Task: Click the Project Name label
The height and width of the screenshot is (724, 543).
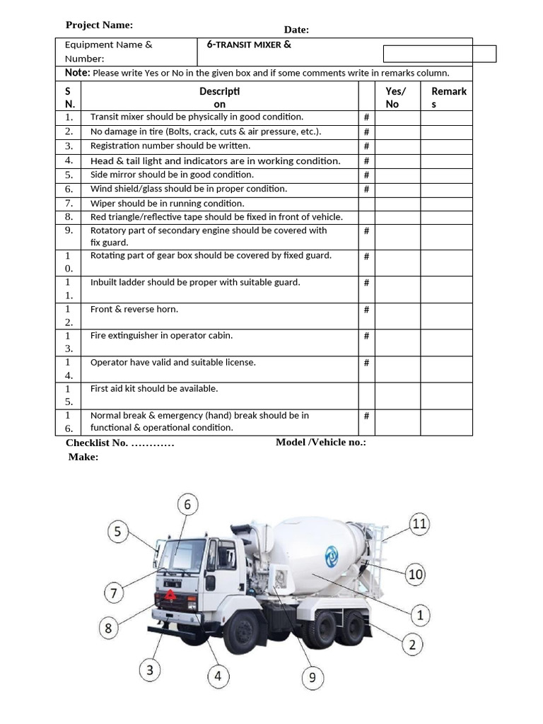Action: click(99, 25)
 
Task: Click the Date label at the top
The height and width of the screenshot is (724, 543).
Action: click(296, 30)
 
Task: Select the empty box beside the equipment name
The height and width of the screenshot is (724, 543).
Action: click(439, 54)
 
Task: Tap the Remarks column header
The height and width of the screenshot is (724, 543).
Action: click(448, 98)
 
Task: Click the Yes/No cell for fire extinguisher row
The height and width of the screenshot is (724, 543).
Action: click(397, 343)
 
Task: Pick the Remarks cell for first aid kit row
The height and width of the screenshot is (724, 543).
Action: click(446, 396)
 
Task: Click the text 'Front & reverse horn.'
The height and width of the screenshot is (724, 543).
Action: click(134, 310)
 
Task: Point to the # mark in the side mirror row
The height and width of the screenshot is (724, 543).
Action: click(366, 175)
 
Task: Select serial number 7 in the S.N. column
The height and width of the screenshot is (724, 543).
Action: click(69, 203)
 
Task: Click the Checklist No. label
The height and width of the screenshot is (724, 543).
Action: click(119, 443)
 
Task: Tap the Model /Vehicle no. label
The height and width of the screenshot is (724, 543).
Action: click(320, 443)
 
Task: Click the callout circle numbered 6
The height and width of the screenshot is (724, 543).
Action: click(187, 505)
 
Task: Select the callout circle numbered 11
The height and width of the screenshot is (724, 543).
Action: click(419, 524)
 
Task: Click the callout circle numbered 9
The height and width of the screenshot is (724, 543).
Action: click(313, 678)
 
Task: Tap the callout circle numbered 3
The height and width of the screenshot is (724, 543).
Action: click(150, 670)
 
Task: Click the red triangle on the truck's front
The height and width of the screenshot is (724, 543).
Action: click(170, 596)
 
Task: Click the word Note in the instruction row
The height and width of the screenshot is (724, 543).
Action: click(76, 73)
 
